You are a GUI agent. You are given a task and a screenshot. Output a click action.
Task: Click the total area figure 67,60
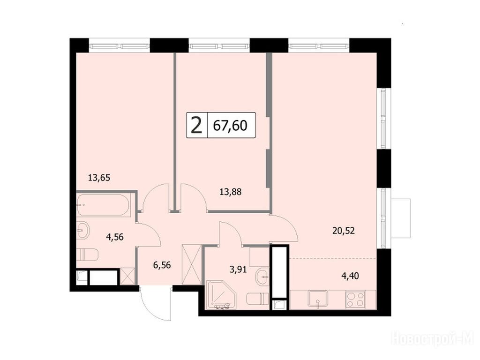(230, 126)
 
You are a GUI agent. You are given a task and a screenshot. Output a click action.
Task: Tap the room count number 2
(196, 126)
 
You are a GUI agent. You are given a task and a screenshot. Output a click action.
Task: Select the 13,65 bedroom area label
(99, 178)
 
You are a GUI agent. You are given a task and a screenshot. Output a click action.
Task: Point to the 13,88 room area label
(231, 192)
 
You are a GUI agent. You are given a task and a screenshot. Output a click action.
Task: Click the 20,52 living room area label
(344, 231)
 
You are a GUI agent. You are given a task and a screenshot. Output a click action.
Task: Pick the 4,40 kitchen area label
(350, 276)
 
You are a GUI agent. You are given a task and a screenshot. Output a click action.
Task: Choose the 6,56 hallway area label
(162, 265)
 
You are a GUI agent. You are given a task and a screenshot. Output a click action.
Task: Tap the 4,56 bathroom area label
(115, 237)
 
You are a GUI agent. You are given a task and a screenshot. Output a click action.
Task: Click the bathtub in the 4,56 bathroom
(103, 205)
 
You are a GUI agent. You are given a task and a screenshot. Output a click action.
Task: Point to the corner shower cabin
(222, 295)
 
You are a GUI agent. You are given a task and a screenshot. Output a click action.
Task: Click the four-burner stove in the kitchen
(355, 300)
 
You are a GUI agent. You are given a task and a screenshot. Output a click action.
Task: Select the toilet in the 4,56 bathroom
(87, 255)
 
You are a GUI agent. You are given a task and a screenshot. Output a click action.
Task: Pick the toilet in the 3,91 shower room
(258, 299)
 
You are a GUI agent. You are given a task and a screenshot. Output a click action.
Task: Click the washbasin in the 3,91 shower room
(262, 277)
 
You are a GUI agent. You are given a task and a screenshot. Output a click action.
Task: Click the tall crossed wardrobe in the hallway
(192, 264)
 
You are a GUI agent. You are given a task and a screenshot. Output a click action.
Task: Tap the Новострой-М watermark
(432, 338)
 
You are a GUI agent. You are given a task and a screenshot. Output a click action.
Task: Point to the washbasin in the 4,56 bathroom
(83, 230)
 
